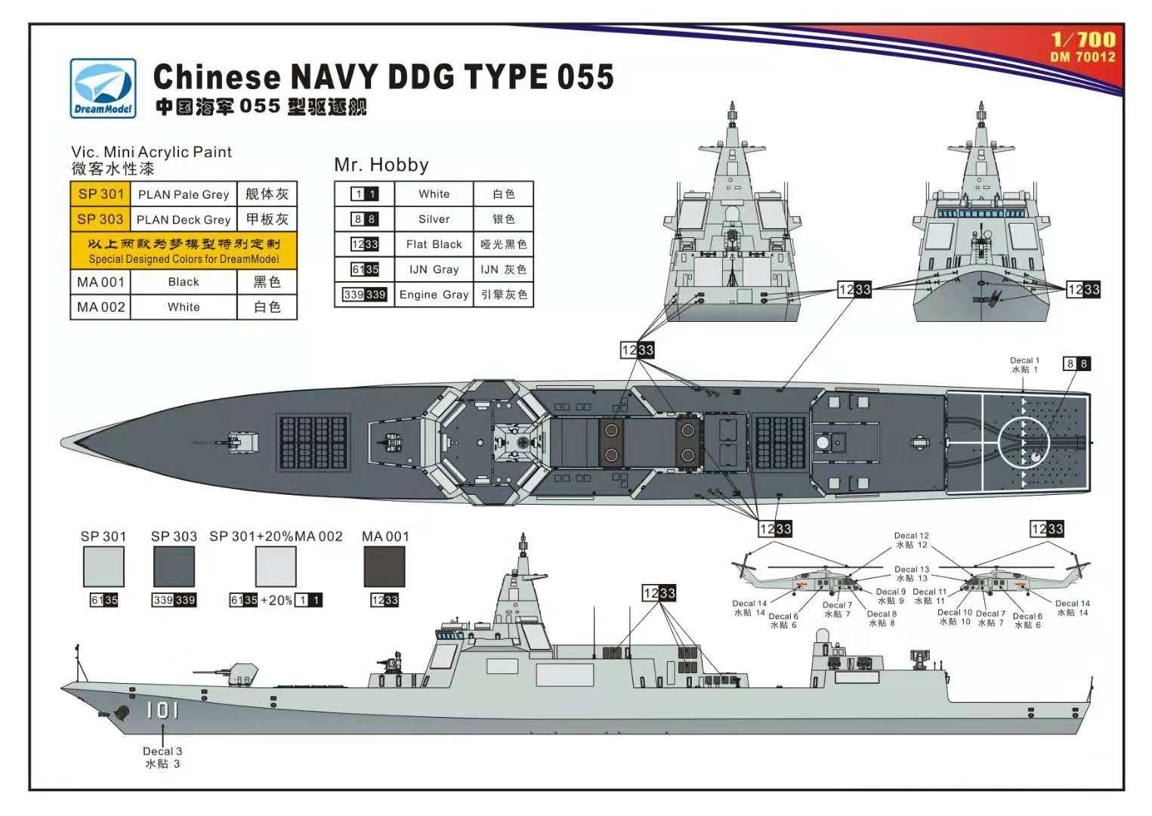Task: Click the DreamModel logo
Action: [103, 88]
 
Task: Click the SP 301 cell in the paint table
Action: [100, 194]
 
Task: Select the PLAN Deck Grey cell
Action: [184, 220]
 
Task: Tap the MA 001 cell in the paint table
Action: [100, 282]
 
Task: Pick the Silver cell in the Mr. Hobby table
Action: [434, 219]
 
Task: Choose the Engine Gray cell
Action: [434, 295]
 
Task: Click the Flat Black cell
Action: [434, 244]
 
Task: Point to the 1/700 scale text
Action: [1083, 40]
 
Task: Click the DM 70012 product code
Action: [1083, 57]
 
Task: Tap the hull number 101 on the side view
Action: [162, 710]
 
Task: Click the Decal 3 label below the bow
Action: [162, 757]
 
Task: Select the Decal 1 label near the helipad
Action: [1024, 365]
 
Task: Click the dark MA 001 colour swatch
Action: [385, 567]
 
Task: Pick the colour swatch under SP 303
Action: [174, 567]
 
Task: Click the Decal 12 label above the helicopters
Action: [911, 540]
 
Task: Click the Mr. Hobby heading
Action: [381, 165]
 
